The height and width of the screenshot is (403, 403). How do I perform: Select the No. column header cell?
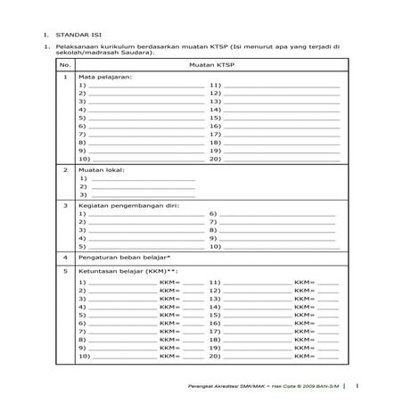(x=65, y=65)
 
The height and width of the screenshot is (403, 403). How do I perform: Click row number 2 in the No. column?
(x=65, y=169)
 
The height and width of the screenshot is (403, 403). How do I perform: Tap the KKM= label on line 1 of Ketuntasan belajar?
(x=169, y=283)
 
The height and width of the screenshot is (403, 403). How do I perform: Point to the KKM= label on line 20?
(x=303, y=357)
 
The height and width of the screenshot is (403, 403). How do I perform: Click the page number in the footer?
(x=357, y=386)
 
